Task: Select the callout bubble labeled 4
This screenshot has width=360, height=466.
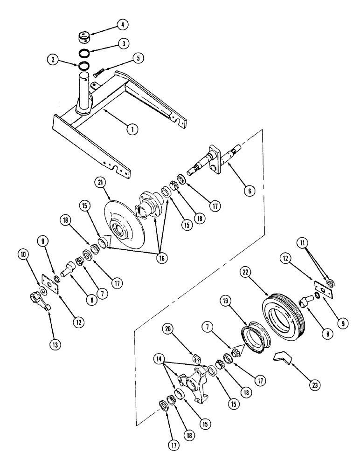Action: pyautogui.click(x=109, y=23)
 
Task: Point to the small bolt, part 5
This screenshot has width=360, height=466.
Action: pyautogui.click(x=98, y=73)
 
